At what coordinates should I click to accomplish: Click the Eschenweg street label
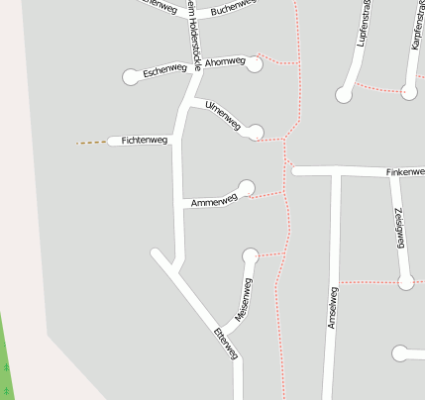[x=164, y=70]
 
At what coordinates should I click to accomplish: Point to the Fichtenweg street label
[x=145, y=142]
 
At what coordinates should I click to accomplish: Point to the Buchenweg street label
[x=234, y=8]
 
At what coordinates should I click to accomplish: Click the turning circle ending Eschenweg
[x=132, y=76]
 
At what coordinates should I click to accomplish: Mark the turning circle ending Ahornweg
[x=255, y=64]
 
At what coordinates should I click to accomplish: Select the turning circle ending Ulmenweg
[x=256, y=132]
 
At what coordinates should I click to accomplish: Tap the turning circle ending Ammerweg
[x=247, y=187]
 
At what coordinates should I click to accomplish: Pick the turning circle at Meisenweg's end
[x=250, y=255]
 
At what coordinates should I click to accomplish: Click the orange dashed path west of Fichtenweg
[x=91, y=143]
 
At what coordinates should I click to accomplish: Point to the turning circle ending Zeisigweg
[x=405, y=282]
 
